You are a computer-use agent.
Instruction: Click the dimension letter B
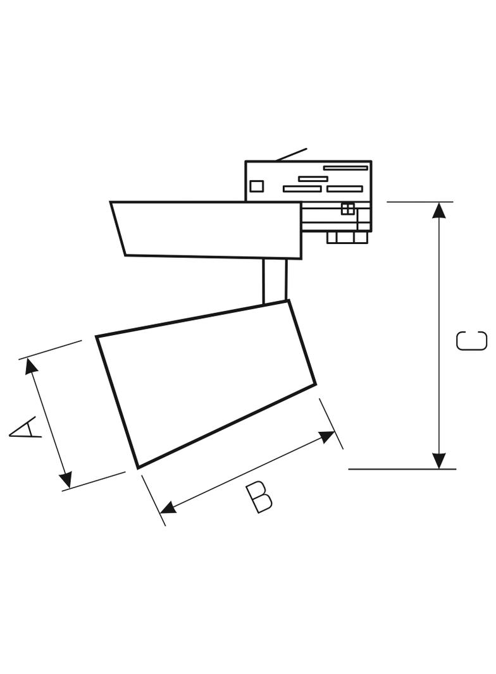pyautogui.click(x=259, y=498)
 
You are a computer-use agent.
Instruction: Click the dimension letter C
pyautogui.click(x=471, y=341)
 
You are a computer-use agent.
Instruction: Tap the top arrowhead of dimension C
pyautogui.click(x=439, y=210)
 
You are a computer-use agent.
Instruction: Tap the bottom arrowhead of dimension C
pyautogui.click(x=439, y=461)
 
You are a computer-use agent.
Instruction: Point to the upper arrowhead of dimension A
pyautogui.click(x=31, y=366)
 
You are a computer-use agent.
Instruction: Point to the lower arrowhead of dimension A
pyautogui.click(x=66, y=480)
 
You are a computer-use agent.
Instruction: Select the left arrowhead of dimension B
pyautogui.click(x=168, y=508)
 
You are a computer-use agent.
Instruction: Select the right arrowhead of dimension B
pyautogui.click(x=326, y=436)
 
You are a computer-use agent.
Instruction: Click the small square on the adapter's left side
pyautogui.click(x=257, y=186)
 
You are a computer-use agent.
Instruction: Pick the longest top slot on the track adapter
pyautogui.click(x=346, y=168)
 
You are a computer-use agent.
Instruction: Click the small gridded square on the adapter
pyautogui.click(x=347, y=209)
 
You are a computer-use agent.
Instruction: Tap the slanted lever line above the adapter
pyautogui.click(x=291, y=155)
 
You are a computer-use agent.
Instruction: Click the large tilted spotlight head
pyautogui.click(x=206, y=383)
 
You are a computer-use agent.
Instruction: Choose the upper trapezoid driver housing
pyautogui.click(x=206, y=230)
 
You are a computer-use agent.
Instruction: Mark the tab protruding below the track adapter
pyautogui.click(x=347, y=237)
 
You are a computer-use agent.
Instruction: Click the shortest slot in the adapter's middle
pyautogui.click(x=313, y=178)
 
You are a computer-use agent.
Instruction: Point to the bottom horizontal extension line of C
pyautogui.click(x=402, y=469)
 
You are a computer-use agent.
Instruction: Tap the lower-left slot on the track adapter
pyautogui.click(x=302, y=188)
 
